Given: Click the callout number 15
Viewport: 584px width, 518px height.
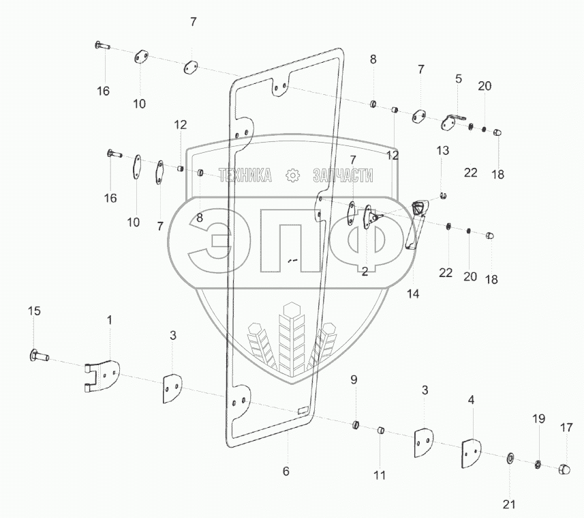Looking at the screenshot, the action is [34, 311].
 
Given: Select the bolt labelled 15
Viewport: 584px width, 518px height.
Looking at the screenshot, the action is [39, 355].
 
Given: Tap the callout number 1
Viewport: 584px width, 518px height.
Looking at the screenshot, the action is [109, 319].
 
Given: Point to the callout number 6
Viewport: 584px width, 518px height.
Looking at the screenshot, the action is [286, 471].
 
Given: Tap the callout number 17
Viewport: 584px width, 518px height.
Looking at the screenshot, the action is [567, 429].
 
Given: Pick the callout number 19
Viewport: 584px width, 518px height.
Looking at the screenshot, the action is [538, 418].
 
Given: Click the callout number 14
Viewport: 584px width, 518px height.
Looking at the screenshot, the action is [414, 294].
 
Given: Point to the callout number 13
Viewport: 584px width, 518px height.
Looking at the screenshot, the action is [443, 150].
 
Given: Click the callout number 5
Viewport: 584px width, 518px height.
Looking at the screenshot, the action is [459, 79].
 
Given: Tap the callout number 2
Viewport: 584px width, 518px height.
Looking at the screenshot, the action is [365, 272].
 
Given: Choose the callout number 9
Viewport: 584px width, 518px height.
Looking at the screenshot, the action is [354, 379].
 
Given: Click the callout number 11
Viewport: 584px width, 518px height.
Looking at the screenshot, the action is [380, 474].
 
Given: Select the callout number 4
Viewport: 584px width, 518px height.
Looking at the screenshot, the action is [471, 399].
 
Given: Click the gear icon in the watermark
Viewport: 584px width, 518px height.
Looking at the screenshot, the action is [292, 175].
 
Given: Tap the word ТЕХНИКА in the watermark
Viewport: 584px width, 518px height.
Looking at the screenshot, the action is [245, 175].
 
